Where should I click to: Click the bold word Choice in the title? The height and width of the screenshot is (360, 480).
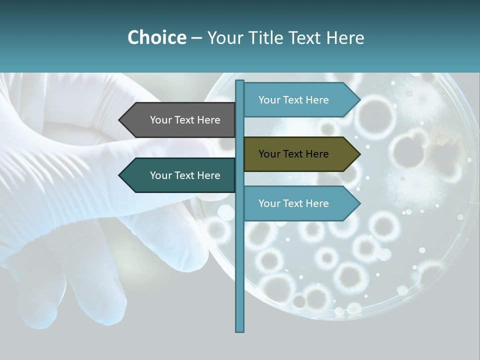tap(156, 37)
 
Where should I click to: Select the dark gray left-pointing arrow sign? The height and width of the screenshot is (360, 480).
tap(178, 120)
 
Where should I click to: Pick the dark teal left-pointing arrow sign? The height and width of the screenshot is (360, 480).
tap(178, 175)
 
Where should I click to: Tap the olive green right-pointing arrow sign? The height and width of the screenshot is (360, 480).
tap(300, 154)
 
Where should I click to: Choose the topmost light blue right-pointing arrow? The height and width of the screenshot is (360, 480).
tap(300, 100)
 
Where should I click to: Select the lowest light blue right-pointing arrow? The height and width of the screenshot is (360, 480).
tap(300, 203)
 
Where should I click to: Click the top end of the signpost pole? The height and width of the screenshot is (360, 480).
tap(240, 81)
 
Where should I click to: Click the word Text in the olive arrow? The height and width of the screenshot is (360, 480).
tap(293, 154)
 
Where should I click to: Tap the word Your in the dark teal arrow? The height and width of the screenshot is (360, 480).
tap(161, 175)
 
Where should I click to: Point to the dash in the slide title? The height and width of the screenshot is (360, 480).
tap(196, 38)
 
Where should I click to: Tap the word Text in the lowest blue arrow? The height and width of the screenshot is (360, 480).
tap(293, 203)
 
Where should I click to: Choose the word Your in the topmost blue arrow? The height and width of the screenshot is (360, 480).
tap(269, 100)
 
